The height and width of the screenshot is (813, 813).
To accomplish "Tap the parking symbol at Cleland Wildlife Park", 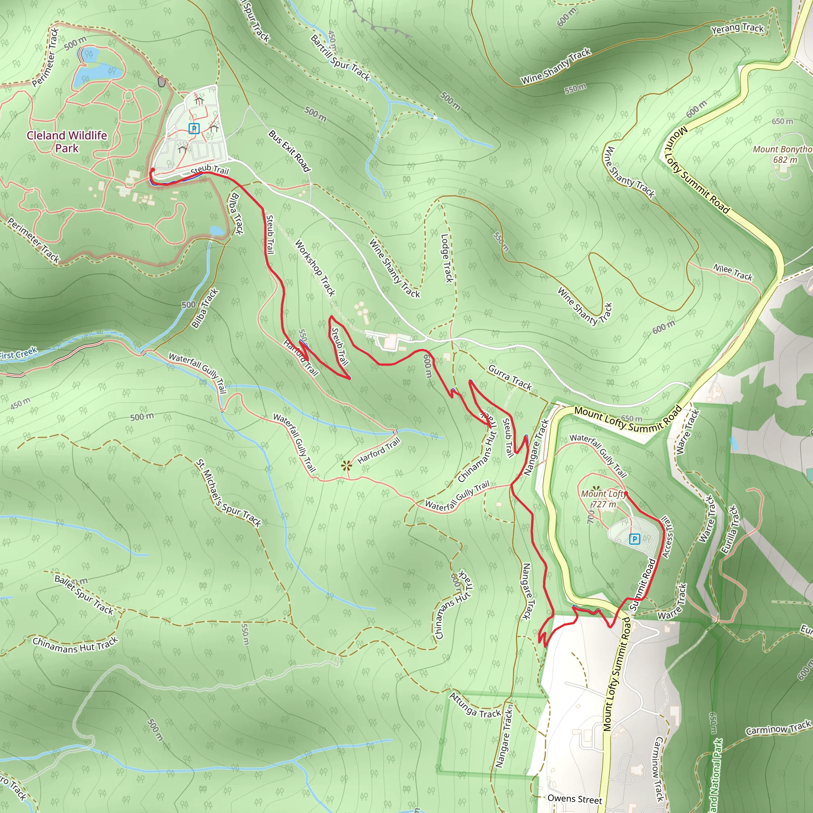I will click(x=194, y=128).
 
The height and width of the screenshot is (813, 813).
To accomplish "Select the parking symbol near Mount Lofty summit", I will click(x=635, y=539).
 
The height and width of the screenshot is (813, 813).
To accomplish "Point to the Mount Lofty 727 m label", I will click(x=604, y=499).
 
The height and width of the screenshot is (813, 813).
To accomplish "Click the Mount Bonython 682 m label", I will click(x=782, y=154).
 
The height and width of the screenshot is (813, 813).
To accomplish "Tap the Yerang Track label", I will click(x=737, y=29).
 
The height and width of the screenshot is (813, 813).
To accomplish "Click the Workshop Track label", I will click(x=315, y=268).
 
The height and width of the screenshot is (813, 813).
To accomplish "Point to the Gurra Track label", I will click(x=510, y=377).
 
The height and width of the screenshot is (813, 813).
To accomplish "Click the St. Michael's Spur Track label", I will click(x=229, y=493).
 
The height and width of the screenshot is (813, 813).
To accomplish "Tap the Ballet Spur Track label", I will click(x=84, y=595).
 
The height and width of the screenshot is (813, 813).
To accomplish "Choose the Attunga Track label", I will click(x=475, y=705).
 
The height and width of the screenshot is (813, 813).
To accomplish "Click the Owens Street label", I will click(x=574, y=799).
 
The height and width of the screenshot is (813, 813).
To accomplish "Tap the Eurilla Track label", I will click(x=730, y=530).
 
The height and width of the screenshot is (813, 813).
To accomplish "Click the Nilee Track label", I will click(x=733, y=272).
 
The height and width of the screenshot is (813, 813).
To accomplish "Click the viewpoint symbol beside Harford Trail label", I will click(x=346, y=465).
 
